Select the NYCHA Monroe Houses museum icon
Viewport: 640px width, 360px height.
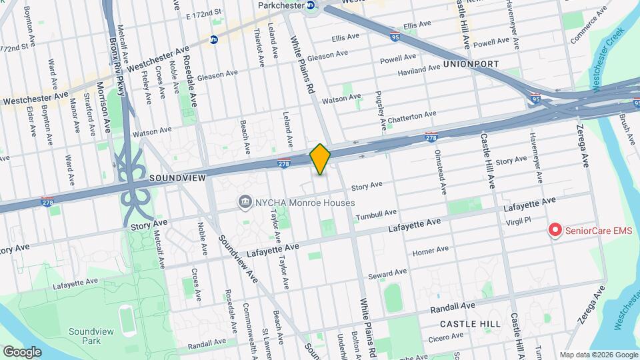[x=245, y=202]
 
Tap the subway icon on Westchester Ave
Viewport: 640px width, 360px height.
[x=214, y=40]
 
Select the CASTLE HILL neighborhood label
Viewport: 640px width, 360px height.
[x=470, y=323]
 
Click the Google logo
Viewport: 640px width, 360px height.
[x=22, y=351]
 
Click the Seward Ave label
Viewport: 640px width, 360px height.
[x=387, y=274]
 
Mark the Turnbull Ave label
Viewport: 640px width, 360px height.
[x=376, y=215]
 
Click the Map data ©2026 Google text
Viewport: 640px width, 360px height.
[x=597, y=355]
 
